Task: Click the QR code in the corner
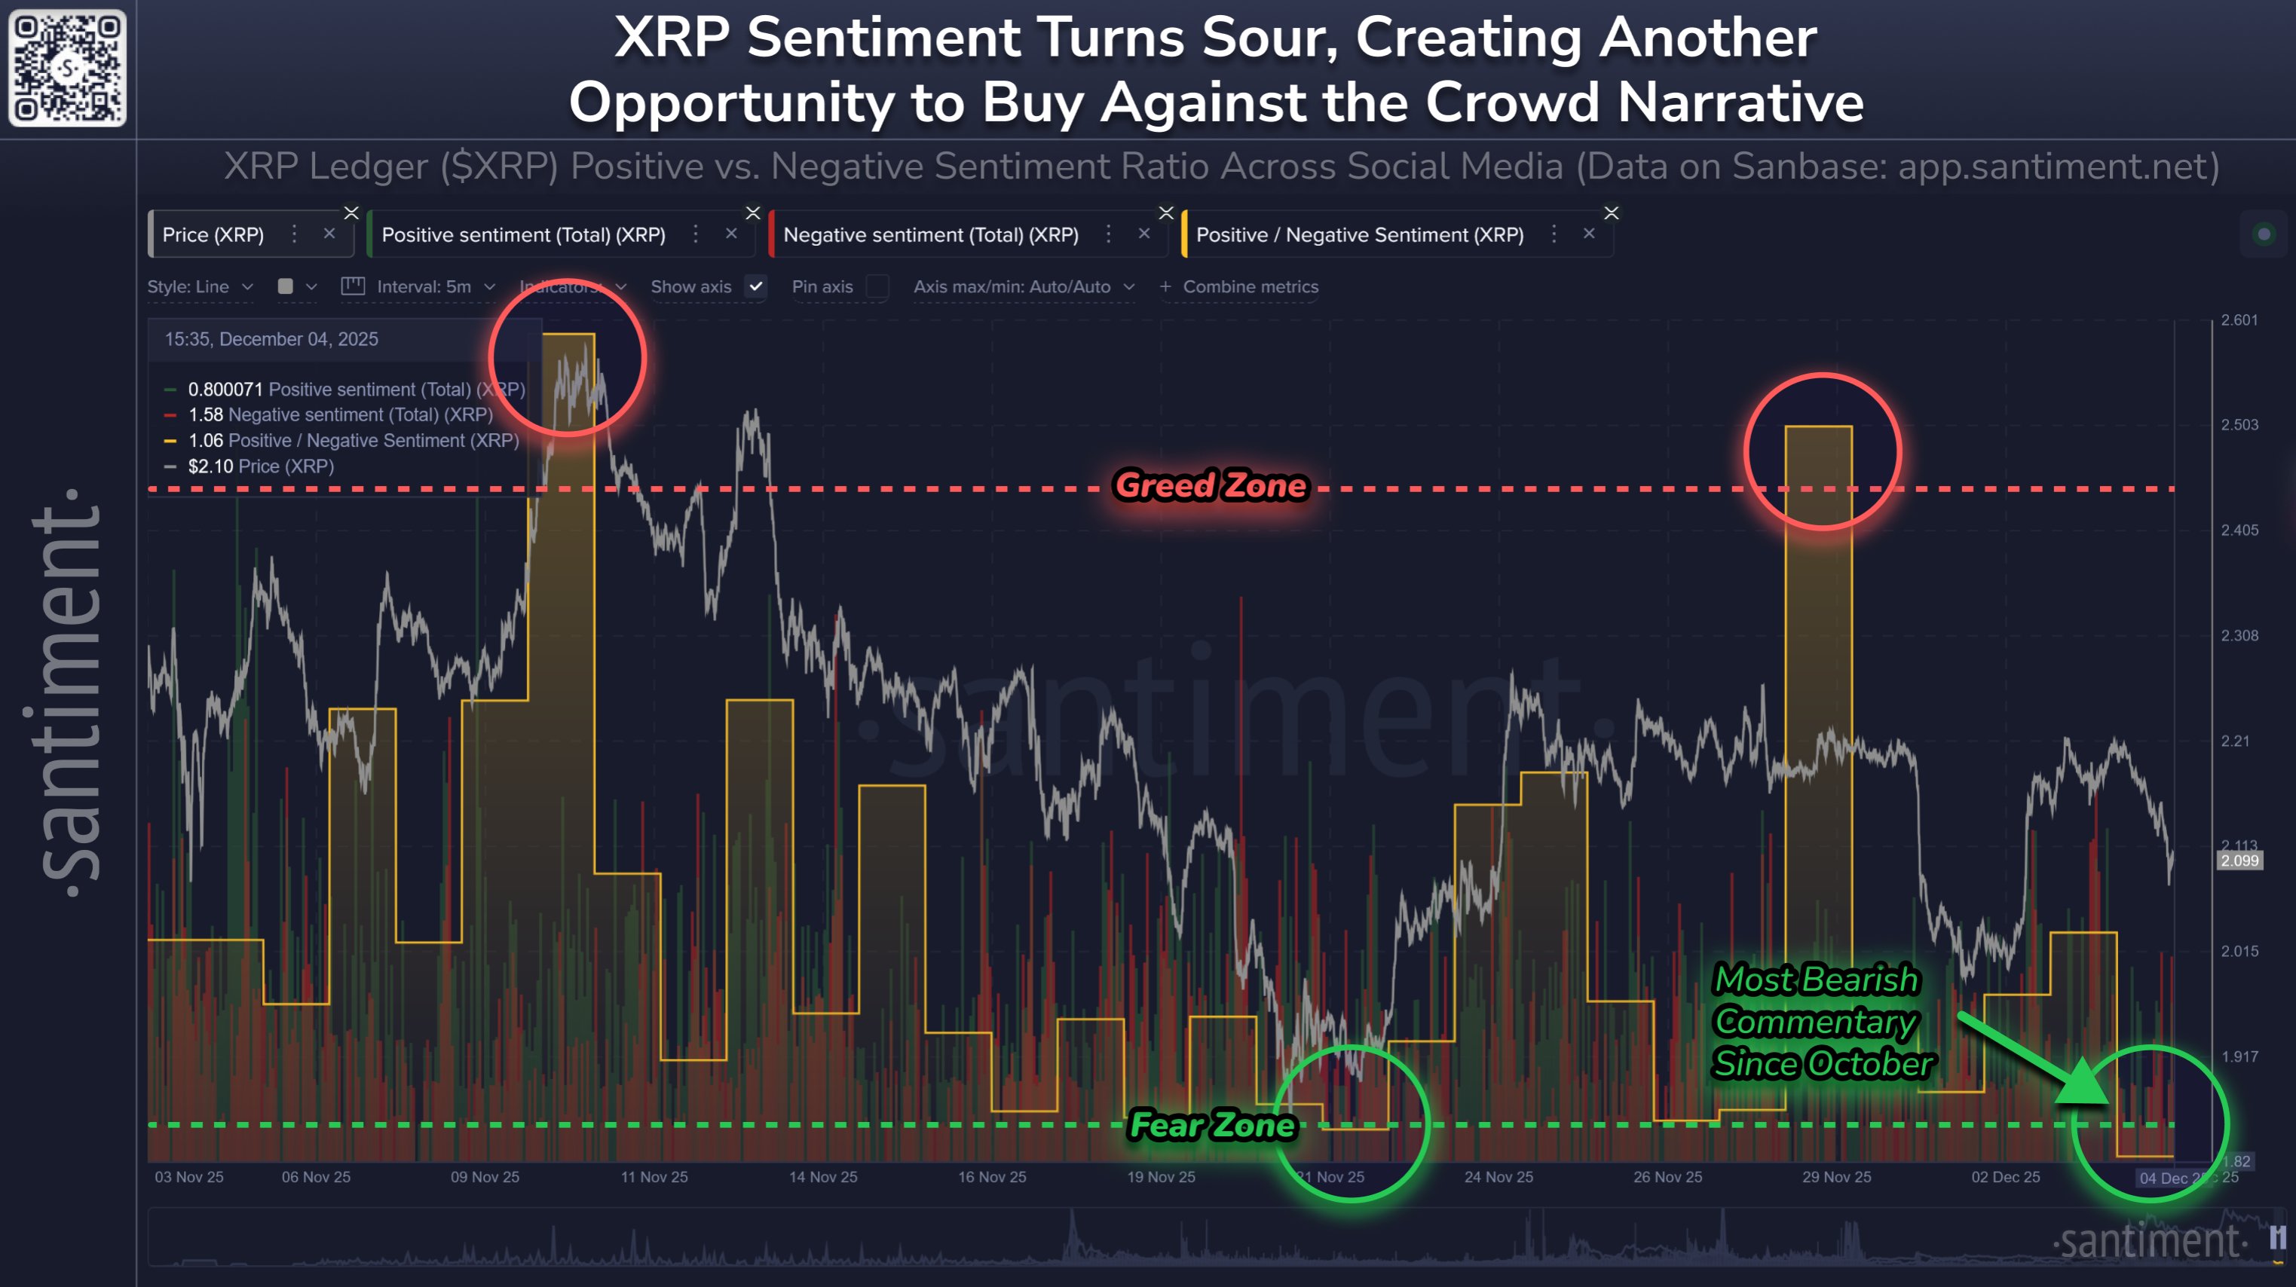[67, 68]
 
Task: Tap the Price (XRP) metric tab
[213, 234]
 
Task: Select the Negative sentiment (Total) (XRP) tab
[930, 234]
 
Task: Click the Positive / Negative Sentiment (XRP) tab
[1359, 234]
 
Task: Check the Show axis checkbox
[756, 286]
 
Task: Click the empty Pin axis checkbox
[877, 286]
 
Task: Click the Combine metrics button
[1240, 286]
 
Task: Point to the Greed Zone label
[1211, 486]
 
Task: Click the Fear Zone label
[1212, 1125]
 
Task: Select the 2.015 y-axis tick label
[2239, 951]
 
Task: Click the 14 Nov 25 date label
[822, 1176]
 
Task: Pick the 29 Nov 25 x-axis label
[1836, 1176]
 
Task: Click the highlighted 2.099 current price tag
[2239, 860]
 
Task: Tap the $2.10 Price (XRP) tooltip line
[260, 466]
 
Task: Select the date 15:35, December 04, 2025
[271, 338]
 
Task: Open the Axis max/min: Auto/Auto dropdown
[1021, 286]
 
